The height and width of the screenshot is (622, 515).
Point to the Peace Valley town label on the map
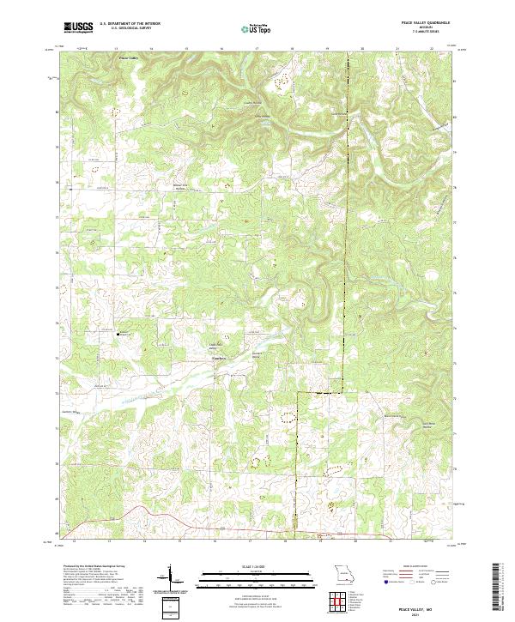[x=126, y=58]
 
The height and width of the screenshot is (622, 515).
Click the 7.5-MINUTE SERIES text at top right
[x=427, y=35]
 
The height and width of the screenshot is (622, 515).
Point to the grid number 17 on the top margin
[x=256, y=49]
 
